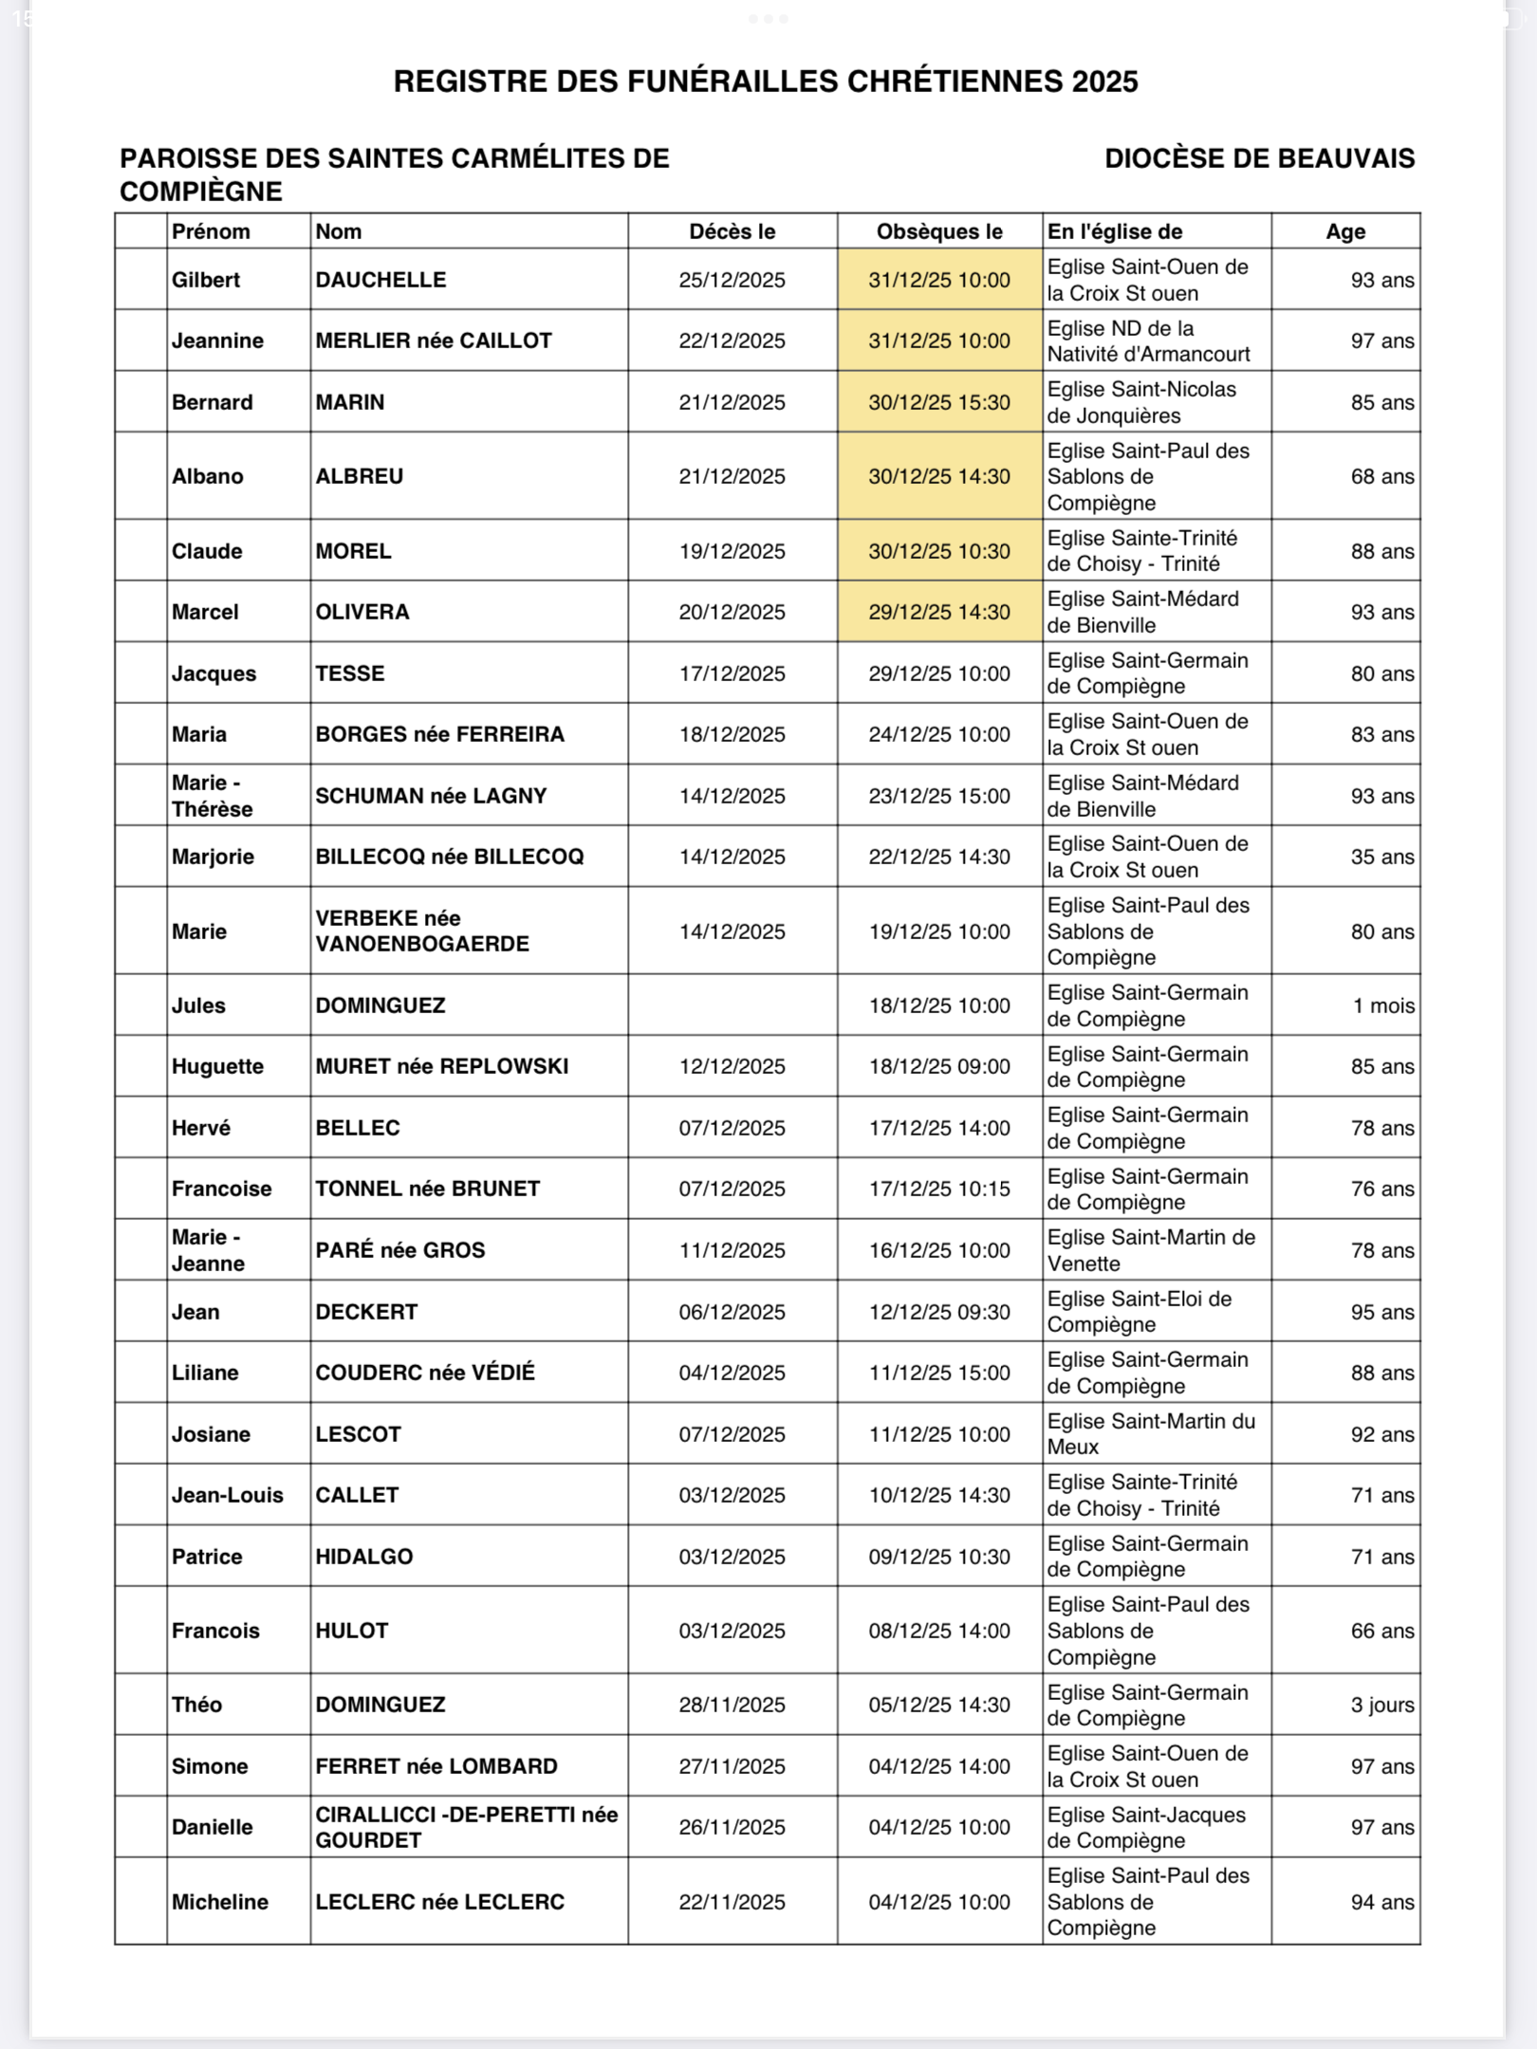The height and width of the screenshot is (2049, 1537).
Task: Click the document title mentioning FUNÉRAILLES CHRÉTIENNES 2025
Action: coord(765,82)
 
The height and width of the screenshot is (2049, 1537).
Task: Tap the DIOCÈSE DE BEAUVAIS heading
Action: coord(1259,158)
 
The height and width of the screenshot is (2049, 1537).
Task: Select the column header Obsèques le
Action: coord(938,231)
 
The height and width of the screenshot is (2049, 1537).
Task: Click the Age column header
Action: coord(1344,231)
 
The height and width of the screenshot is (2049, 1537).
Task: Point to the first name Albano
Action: coord(207,476)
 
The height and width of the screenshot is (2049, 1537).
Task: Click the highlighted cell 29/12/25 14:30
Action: coord(938,612)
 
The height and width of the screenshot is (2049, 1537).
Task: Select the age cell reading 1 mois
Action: coord(1382,1006)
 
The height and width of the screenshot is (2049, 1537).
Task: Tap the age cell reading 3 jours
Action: coord(1381,1705)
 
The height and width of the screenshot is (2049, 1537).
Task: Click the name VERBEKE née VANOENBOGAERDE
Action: coord(422,931)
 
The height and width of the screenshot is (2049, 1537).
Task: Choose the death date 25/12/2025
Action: coord(731,280)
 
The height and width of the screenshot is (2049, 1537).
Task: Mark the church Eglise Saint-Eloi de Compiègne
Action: coord(1139,1311)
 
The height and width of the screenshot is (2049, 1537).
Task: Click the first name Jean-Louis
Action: coord(227,1495)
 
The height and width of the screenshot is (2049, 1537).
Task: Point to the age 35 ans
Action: coord(1381,857)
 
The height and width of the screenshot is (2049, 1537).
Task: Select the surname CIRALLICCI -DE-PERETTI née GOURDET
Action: coord(466,1827)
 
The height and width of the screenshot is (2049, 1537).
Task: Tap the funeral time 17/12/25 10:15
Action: coord(938,1189)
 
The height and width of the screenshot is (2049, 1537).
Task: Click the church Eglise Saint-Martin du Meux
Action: coord(1150,1433)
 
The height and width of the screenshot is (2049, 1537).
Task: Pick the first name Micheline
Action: coord(219,1902)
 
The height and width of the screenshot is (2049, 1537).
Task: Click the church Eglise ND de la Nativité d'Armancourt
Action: coord(1148,341)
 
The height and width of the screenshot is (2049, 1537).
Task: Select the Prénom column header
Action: coord(211,231)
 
